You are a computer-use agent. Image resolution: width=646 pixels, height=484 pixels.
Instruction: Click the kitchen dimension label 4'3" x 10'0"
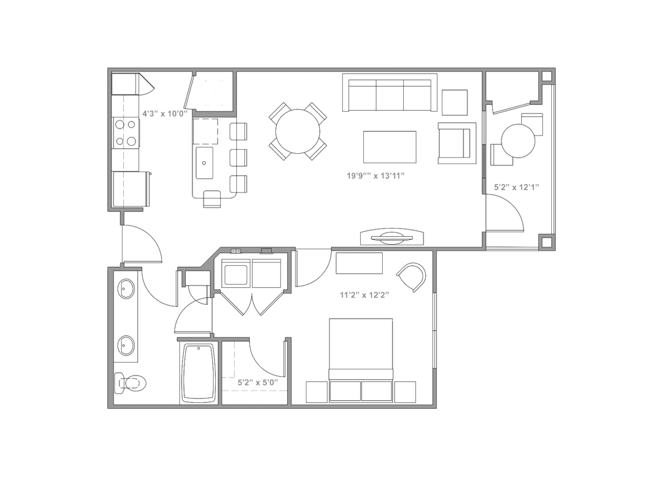pyautogui.click(x=165, y=113)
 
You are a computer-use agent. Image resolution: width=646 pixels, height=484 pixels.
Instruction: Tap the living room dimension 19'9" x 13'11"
pyautogui.click(x=376, y=176)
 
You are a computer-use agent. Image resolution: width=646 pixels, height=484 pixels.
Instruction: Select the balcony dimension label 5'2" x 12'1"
pyautogui.click(x=516, y=187)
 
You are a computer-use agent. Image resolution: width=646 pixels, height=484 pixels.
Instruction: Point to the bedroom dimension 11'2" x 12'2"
pyautogui.click(x=364, y=295)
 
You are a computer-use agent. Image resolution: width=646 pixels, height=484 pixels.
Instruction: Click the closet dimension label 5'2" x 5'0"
pyautogui.click(x=258, y=382)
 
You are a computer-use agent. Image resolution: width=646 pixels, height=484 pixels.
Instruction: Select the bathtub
pyautogui.click(x=199, y=374)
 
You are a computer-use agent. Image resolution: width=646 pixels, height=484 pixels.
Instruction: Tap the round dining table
pyautogui.click(x=298, y=131)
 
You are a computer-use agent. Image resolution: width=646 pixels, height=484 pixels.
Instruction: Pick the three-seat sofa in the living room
pyautogui.click(x=390, y=92)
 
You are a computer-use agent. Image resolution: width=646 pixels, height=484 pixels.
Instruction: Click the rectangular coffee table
pyautogui.click(x=390, y=147)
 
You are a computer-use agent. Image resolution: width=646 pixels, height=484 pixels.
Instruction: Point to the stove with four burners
pyautogui.click(x=125, y=133)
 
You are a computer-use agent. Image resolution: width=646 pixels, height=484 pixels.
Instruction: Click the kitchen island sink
pyautogui.click(x=205, y=163)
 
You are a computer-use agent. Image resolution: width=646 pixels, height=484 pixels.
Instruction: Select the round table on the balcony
pyautogui.click(x=518, y=141)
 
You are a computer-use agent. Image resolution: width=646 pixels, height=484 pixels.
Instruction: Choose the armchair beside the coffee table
pyautogui.click(x=457, y=143)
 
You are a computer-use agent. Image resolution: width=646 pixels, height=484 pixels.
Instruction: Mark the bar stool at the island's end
pyautogui.click(x=212, y=199)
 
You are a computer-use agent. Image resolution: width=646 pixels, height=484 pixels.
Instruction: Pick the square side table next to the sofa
pyautogui.click(x=455, y=103)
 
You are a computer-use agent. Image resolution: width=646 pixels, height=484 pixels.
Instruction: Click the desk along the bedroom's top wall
pyautogui.click(x=359, y=263)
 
